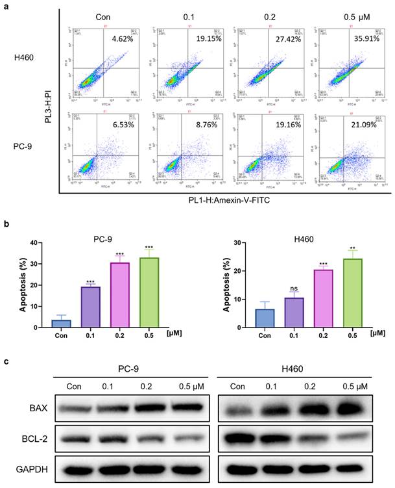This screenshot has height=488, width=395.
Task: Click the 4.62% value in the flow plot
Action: (x=122, y=40)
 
